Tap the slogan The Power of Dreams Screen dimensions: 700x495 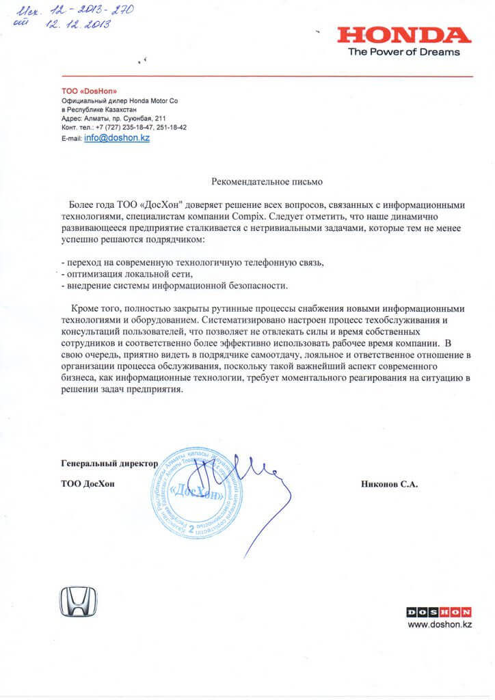[403, 52]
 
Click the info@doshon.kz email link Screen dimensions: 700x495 [117, 137]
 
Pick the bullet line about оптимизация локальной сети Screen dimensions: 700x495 [123, 273]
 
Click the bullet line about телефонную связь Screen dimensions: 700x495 [191, 262]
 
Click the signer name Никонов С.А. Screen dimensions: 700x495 [389, 483]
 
